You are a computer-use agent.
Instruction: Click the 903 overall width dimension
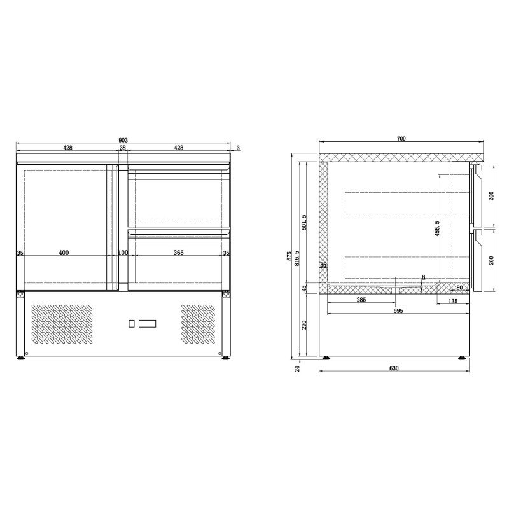pos(123,140)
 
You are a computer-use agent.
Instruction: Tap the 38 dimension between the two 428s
pos(123,148)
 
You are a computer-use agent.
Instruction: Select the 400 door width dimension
pos(64,253)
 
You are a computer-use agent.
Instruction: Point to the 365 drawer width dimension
pos(178,253)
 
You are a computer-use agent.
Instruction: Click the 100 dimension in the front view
pos(123,253)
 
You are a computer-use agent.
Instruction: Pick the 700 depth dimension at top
pos(401,139)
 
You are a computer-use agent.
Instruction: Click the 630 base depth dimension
pos(393,368)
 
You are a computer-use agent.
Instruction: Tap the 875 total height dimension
pos(289,256)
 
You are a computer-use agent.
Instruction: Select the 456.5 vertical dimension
pos(437,228)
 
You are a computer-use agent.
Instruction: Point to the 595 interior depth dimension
pos(398,310)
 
